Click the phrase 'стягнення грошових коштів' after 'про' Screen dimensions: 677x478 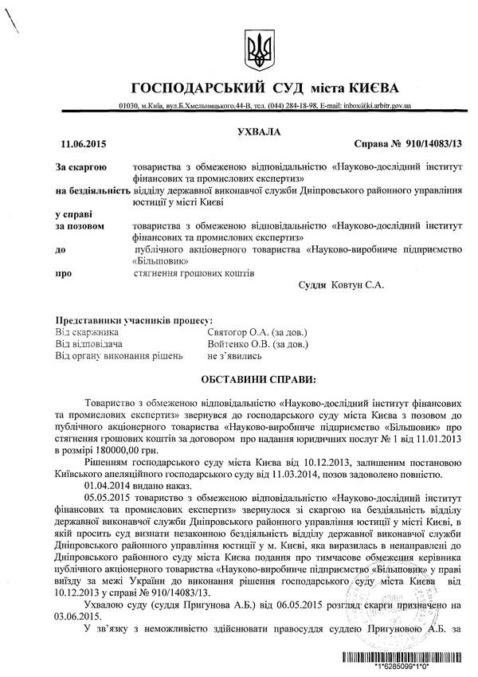click(x=194, y=273)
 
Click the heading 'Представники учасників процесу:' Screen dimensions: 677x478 click(x=134, y=319)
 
